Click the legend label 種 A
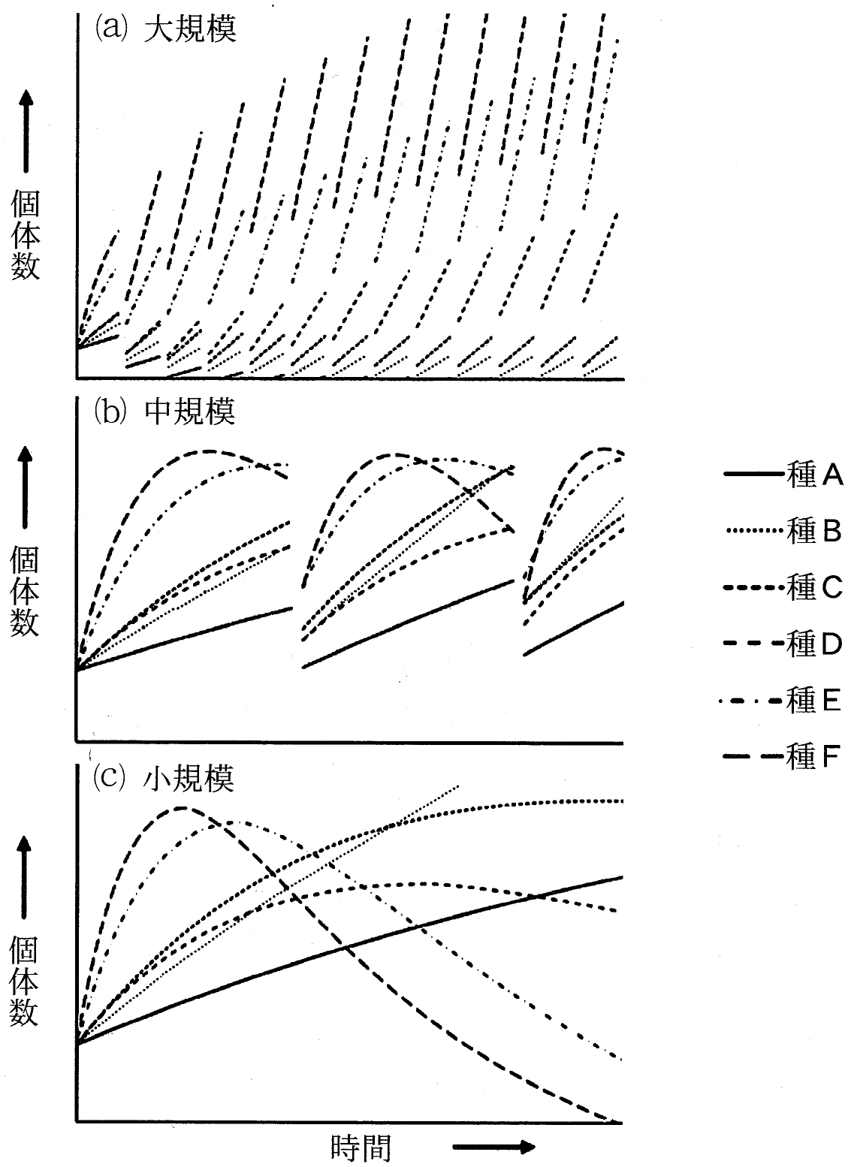pyautogui.click(x=815, y=475)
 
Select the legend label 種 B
pyautogui.click(x=814, y=532)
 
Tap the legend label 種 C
pyautogui.click(x=815, y=588)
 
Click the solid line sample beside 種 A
pyautogui.click(x=754, y=474)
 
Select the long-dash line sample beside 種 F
pyautogui.click(x=754, y=756)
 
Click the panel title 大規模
pyautogui.click(x=190, y=29)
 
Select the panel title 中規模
pyautogui.click(x=190, y=412)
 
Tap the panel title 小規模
pyautogui.click(x=189, y=779)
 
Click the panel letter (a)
pyautogui.click(x=111, y=28)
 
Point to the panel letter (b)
pyautogui.click(x=110, y=412)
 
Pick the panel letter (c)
pyautogui.click(x=110, y=778)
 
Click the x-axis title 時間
pyautogui.click(x=361, y=1147)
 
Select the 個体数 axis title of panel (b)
pyautogui.click(x=25, y=591)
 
